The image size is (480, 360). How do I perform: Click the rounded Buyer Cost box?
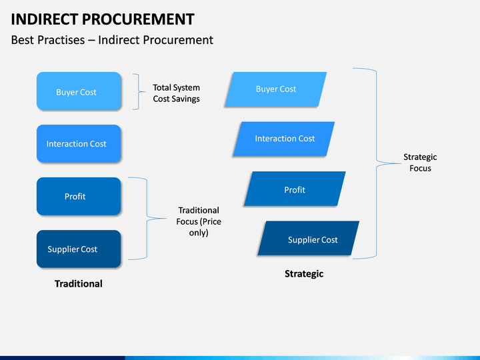coord(79,91)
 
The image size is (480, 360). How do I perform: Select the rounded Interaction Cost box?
coord(79,143)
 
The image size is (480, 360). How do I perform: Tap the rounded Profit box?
coord(79,196)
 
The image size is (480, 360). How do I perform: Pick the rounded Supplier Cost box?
coord(79,249)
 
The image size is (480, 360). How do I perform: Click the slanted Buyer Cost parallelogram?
coord(275,89)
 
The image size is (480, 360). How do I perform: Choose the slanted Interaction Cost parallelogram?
coord(284,139)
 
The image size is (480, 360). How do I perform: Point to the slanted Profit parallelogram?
coord(295,189)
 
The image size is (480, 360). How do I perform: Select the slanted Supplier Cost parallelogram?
coord(308,238)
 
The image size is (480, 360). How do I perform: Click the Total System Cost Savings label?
coord(176,93)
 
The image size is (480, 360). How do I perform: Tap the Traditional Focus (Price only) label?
coord(199,221)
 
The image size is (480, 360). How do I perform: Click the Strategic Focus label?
coord(420,163)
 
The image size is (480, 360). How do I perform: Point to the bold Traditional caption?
coord(79,284)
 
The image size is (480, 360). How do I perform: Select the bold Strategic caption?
coord(304,274)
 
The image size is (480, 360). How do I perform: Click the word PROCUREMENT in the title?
coord(138,19)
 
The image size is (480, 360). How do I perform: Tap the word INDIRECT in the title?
coord(45,19)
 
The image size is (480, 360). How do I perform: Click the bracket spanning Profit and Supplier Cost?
coord(147,218)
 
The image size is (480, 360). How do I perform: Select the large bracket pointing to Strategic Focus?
coord(376,163)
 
